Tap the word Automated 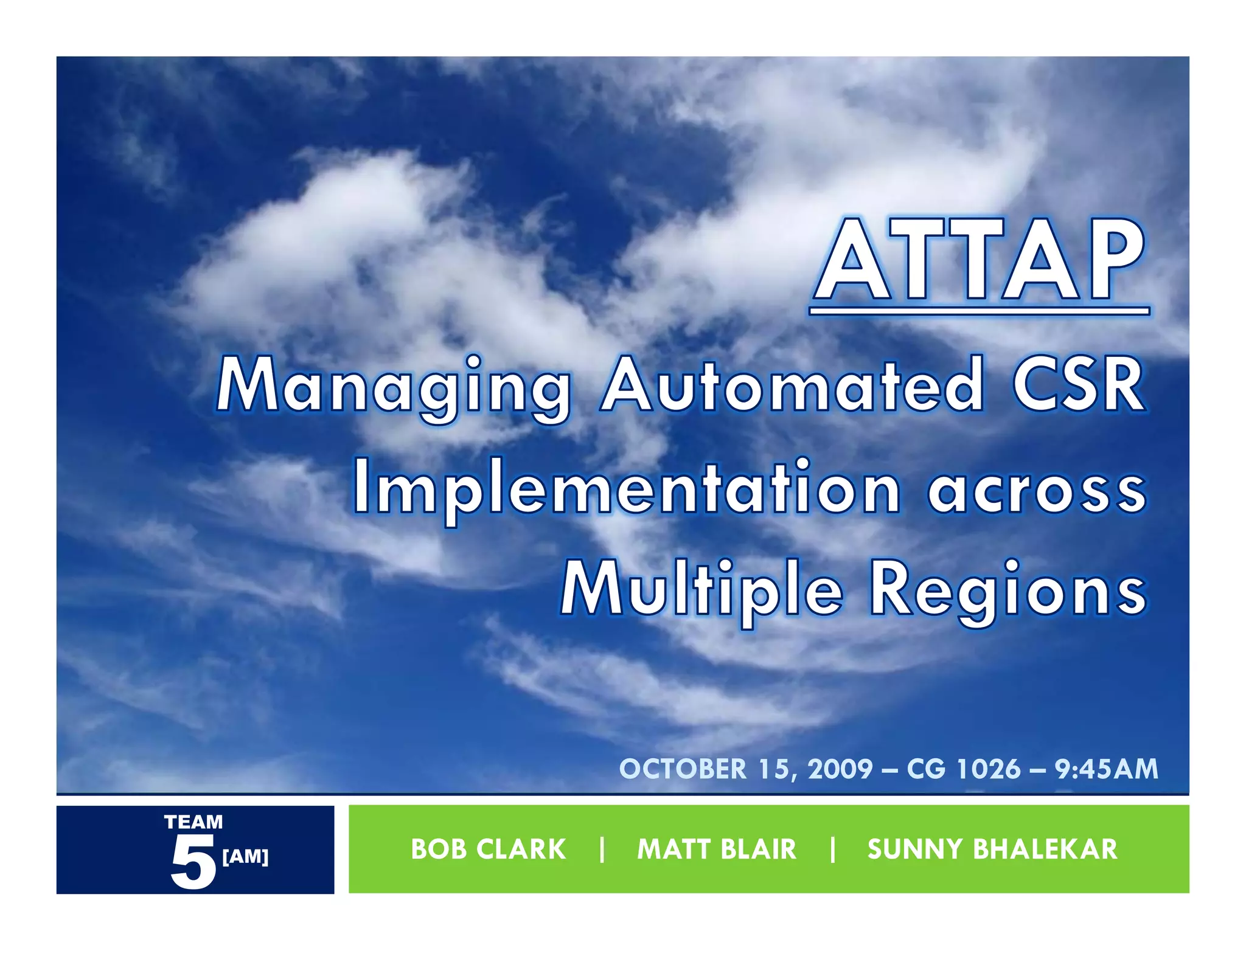[791, 386]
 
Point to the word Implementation [627, 490]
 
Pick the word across [1037, 490]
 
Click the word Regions [1008, 592]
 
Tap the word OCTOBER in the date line [683, 769]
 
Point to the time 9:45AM [1106, 769]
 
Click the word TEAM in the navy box [193, 822]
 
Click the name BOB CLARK [489, 850]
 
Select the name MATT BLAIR [716, 850]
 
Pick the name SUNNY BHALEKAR [992, 850]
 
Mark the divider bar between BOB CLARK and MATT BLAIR [602, 850]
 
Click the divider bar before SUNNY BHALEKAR [832, 850]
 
